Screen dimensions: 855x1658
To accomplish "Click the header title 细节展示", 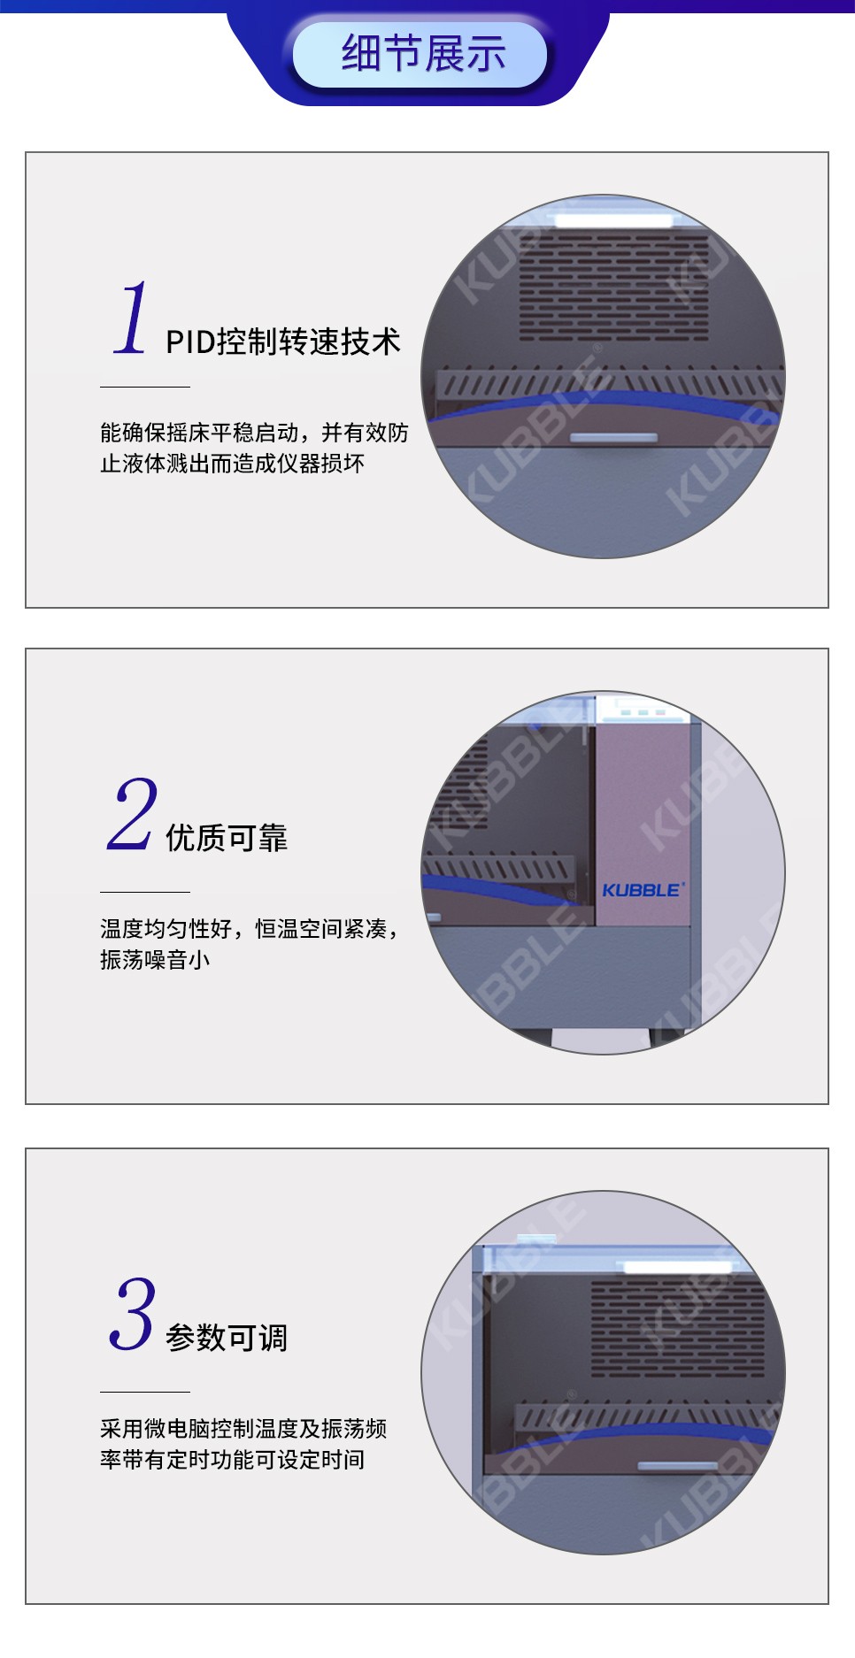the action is click(423, 53).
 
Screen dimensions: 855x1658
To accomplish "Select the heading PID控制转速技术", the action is click(283, 342).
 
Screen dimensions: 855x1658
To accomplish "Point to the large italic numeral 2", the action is click(133, 814).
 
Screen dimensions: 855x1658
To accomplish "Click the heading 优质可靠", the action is click(227, 837).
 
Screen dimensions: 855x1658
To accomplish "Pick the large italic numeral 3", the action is click(133, 1314).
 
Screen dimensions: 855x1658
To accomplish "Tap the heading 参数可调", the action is click(227, 1337).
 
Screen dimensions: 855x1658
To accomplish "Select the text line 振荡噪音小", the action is click(155, 959).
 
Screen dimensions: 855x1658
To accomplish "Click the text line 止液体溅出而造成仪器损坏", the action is click(232, 463).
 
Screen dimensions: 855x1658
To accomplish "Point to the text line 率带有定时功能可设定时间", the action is click(232, 1459).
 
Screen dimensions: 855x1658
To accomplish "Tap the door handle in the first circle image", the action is click(613, 438).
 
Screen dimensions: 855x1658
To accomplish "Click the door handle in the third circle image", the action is click(678, 1467).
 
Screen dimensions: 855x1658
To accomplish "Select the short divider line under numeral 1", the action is click(145, 387).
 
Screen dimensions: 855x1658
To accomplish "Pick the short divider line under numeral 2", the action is click(145, 892).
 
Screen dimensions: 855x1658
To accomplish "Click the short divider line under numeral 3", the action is click(145, 1392).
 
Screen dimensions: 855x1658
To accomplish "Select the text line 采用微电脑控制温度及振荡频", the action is click(243, 1428).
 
